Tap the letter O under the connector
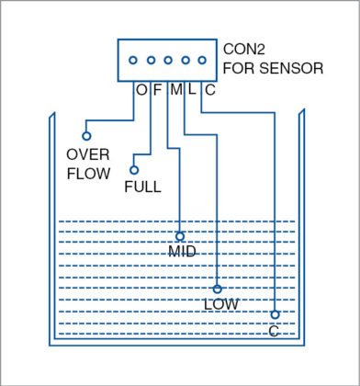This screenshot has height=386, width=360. [x=141, y=90]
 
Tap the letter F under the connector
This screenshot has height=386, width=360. [x=156, y=90]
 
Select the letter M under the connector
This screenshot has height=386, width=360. [x=174, y=90]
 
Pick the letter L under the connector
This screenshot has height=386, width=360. [x=192, y=90]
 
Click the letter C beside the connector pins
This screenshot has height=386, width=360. [x=209, y=90]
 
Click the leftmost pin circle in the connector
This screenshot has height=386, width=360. [x=133, y=61]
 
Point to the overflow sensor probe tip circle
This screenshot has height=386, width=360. [x=86, y=136]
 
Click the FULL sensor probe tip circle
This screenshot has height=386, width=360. [x=134, y=169]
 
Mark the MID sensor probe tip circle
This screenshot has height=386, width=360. [x=180, y=236]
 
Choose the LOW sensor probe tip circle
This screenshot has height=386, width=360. [x=217, y=289]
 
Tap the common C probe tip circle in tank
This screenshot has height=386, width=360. [x=275, y=314]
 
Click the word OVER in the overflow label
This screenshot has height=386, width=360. [x=89, y=154]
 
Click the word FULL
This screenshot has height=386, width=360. [x=142, y=187]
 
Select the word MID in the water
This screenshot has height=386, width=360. [x=182, y=252]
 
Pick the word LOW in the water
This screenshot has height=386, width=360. [x=220, y=304]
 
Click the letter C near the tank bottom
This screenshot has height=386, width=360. [x=274, y=330]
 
